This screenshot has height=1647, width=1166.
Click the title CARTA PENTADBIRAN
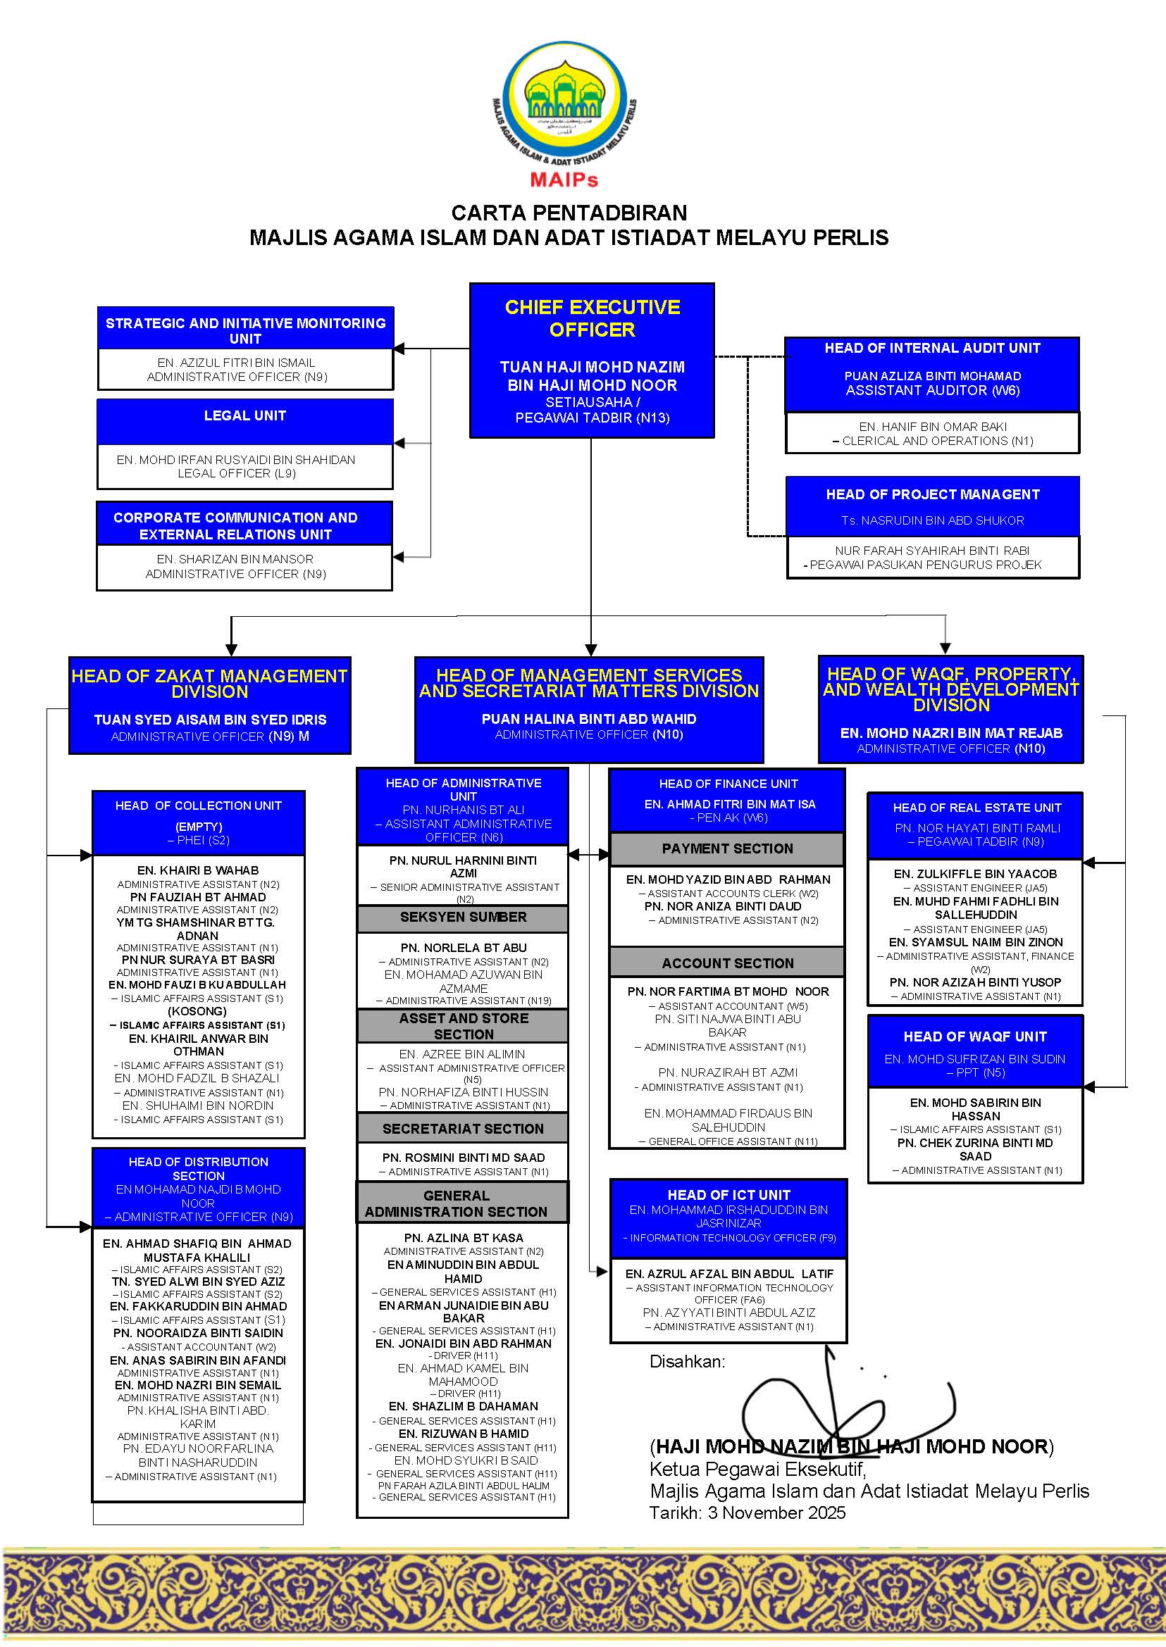coord(569,213)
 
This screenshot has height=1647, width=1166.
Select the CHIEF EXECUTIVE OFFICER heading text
coord(592,318)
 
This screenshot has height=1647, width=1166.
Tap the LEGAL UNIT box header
coord(245,415)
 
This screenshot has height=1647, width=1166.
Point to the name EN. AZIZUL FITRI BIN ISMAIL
coord(236,363)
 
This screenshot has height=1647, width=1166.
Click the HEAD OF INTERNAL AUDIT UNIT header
coord(932,348)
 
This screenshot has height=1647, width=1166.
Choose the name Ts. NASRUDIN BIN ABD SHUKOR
coord(933,520)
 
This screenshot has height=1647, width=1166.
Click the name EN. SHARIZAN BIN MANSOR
coord(235,559)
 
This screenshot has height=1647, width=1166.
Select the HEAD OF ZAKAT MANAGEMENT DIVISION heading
coord(209,683)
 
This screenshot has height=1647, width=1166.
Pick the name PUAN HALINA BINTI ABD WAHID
coord(589,718)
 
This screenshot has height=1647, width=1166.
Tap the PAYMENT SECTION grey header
coord(727,848)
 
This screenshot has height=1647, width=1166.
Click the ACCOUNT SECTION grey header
coord(727,963)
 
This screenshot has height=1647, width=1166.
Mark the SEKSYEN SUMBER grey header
coord(463,918)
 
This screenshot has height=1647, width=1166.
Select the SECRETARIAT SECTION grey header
coord(463,1129)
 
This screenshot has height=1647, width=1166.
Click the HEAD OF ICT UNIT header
coord(728,1195)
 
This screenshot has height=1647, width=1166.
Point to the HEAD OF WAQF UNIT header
coord(975,1037)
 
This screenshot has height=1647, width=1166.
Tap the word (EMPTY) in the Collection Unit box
coord(199,827)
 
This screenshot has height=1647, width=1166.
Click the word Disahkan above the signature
coord(686,1361)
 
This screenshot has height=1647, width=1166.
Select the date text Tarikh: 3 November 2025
coord(748,1513)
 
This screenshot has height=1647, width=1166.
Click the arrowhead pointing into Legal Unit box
coord(399,444)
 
